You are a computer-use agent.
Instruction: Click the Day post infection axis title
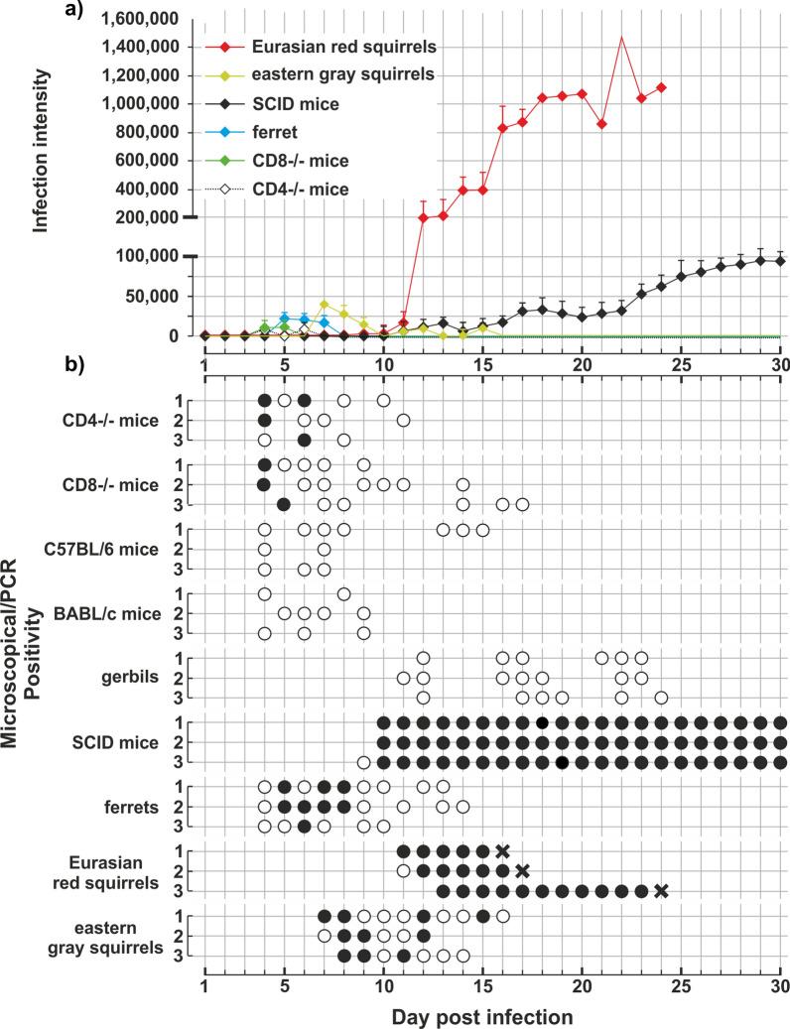click(x=492, y=1015)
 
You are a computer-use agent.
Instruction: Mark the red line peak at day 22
click(x=621, y=38)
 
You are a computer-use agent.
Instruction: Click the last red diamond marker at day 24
click(x=661, y=87)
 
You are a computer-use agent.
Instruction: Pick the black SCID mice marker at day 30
click(x=780, y=261)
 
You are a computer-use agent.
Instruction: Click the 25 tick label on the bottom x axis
click(x=681, y=987)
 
